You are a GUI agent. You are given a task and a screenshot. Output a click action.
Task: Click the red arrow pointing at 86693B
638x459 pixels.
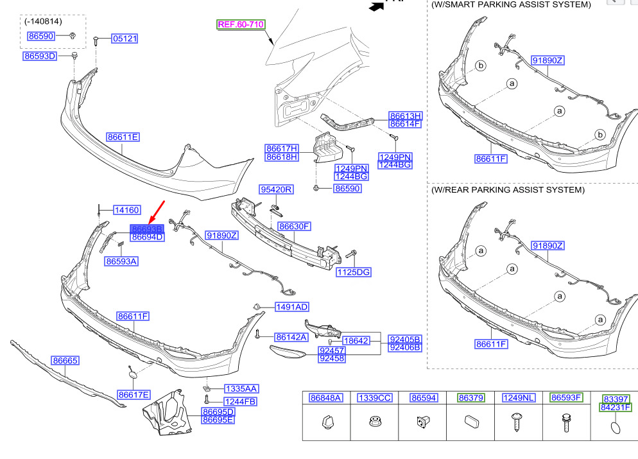click(x=157, y=212)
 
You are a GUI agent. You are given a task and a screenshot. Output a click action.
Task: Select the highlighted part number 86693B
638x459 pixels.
click(x=147, y=229)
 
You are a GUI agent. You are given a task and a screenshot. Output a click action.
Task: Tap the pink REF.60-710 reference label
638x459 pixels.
click(x=241, y=24)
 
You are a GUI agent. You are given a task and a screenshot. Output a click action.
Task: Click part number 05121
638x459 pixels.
click(x=125, y=39)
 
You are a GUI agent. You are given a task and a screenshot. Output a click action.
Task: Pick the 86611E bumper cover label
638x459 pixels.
click(x=123, y=137)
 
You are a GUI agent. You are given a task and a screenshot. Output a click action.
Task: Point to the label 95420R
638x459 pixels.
click(x=276, y=189)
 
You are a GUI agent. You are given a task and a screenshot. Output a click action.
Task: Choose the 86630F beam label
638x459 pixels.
click(x=294, y=226)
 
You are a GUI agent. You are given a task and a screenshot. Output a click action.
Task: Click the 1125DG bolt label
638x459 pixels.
click(x=354, y=272)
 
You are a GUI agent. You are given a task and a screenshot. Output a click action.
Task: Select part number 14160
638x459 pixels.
click(x=127, y=210)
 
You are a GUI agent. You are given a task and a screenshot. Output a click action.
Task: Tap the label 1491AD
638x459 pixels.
click(x=292, y=307)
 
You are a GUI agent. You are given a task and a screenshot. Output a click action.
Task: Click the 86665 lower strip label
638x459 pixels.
click(x=65, y=361)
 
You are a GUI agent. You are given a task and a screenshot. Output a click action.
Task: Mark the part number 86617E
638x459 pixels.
click(x=134, y=395)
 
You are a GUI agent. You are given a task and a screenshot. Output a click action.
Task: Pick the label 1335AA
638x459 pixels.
click(x=241, y=389)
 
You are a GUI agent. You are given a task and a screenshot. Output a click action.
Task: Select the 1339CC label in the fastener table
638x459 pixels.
click(x=375, y=398)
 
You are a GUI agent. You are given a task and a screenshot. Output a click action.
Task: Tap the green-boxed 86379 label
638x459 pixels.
click(x=470, y=397)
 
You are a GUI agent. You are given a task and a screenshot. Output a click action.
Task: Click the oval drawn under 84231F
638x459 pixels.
click(x=616, y=428)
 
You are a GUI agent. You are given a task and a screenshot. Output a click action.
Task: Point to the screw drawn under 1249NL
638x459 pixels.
click(x=517, y=422)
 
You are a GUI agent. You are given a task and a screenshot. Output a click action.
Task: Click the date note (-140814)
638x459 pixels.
click(x=43, y=21)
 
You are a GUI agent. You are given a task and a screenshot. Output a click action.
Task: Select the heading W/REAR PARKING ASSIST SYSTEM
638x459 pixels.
click(x=508, y=190)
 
